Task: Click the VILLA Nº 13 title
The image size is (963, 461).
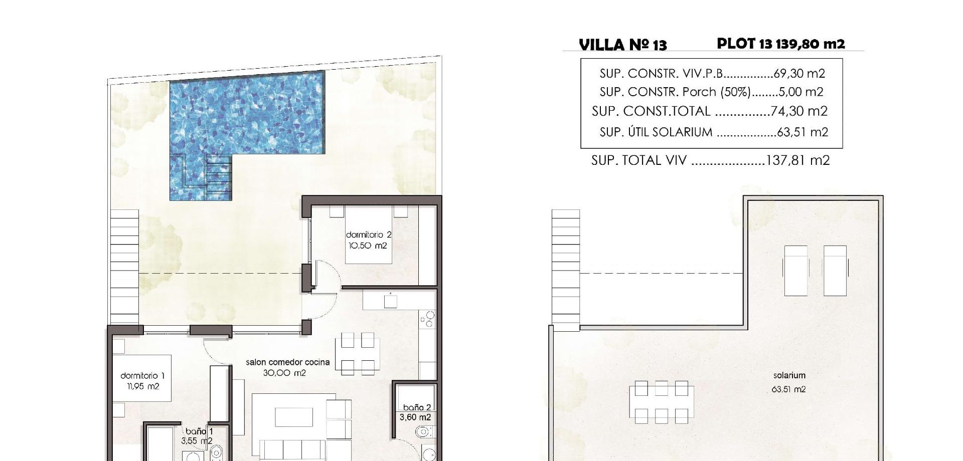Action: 623,45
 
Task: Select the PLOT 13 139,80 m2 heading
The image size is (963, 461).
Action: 781,44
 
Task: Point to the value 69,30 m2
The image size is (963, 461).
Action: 799,73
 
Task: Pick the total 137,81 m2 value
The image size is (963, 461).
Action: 798,160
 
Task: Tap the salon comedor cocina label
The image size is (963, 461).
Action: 288,362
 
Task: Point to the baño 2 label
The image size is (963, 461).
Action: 417,407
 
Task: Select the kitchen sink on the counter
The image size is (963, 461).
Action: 391,301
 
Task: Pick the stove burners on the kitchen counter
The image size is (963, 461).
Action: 428,320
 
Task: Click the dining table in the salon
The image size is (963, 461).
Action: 358,354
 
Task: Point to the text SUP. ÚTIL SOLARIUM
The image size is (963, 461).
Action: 656,132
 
